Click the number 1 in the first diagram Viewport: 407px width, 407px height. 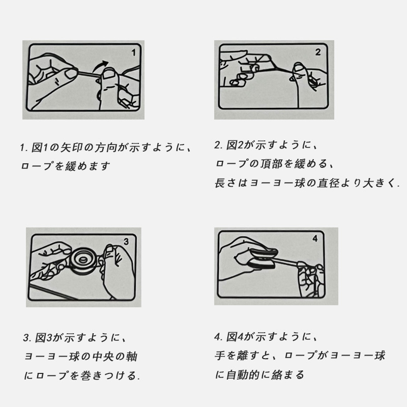coord(134,53)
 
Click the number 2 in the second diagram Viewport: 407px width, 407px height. coord(318,52)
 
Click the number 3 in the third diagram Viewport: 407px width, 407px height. coord(126,242)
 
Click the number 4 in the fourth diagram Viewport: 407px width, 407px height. coord(315,238)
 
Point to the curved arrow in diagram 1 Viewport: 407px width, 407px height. coord(99,65)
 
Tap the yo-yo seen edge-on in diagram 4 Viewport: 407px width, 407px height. coord(261,259)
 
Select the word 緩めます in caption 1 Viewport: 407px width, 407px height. coord(88,166)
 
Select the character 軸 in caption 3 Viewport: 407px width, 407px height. coord(132,357)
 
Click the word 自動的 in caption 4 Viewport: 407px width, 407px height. coord(243,375)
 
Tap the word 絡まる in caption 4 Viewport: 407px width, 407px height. coord(287,375)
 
